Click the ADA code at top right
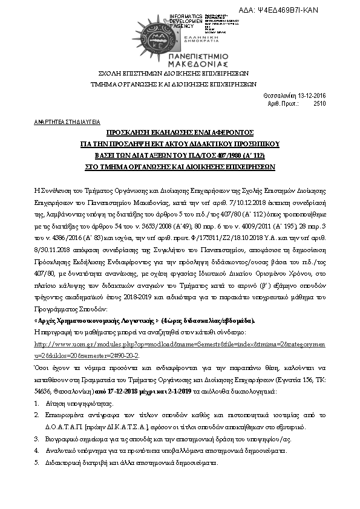tap(300, 10)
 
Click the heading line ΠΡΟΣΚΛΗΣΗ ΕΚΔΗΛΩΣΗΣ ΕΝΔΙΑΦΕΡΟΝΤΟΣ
tap(180, 132)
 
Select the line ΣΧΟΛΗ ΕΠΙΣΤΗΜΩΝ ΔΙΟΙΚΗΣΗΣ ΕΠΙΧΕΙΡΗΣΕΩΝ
tap(180, 73)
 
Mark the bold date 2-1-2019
tap(226, 391)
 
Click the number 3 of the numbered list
tap(38, 438)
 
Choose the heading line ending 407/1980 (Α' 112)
tap(180, 154)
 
